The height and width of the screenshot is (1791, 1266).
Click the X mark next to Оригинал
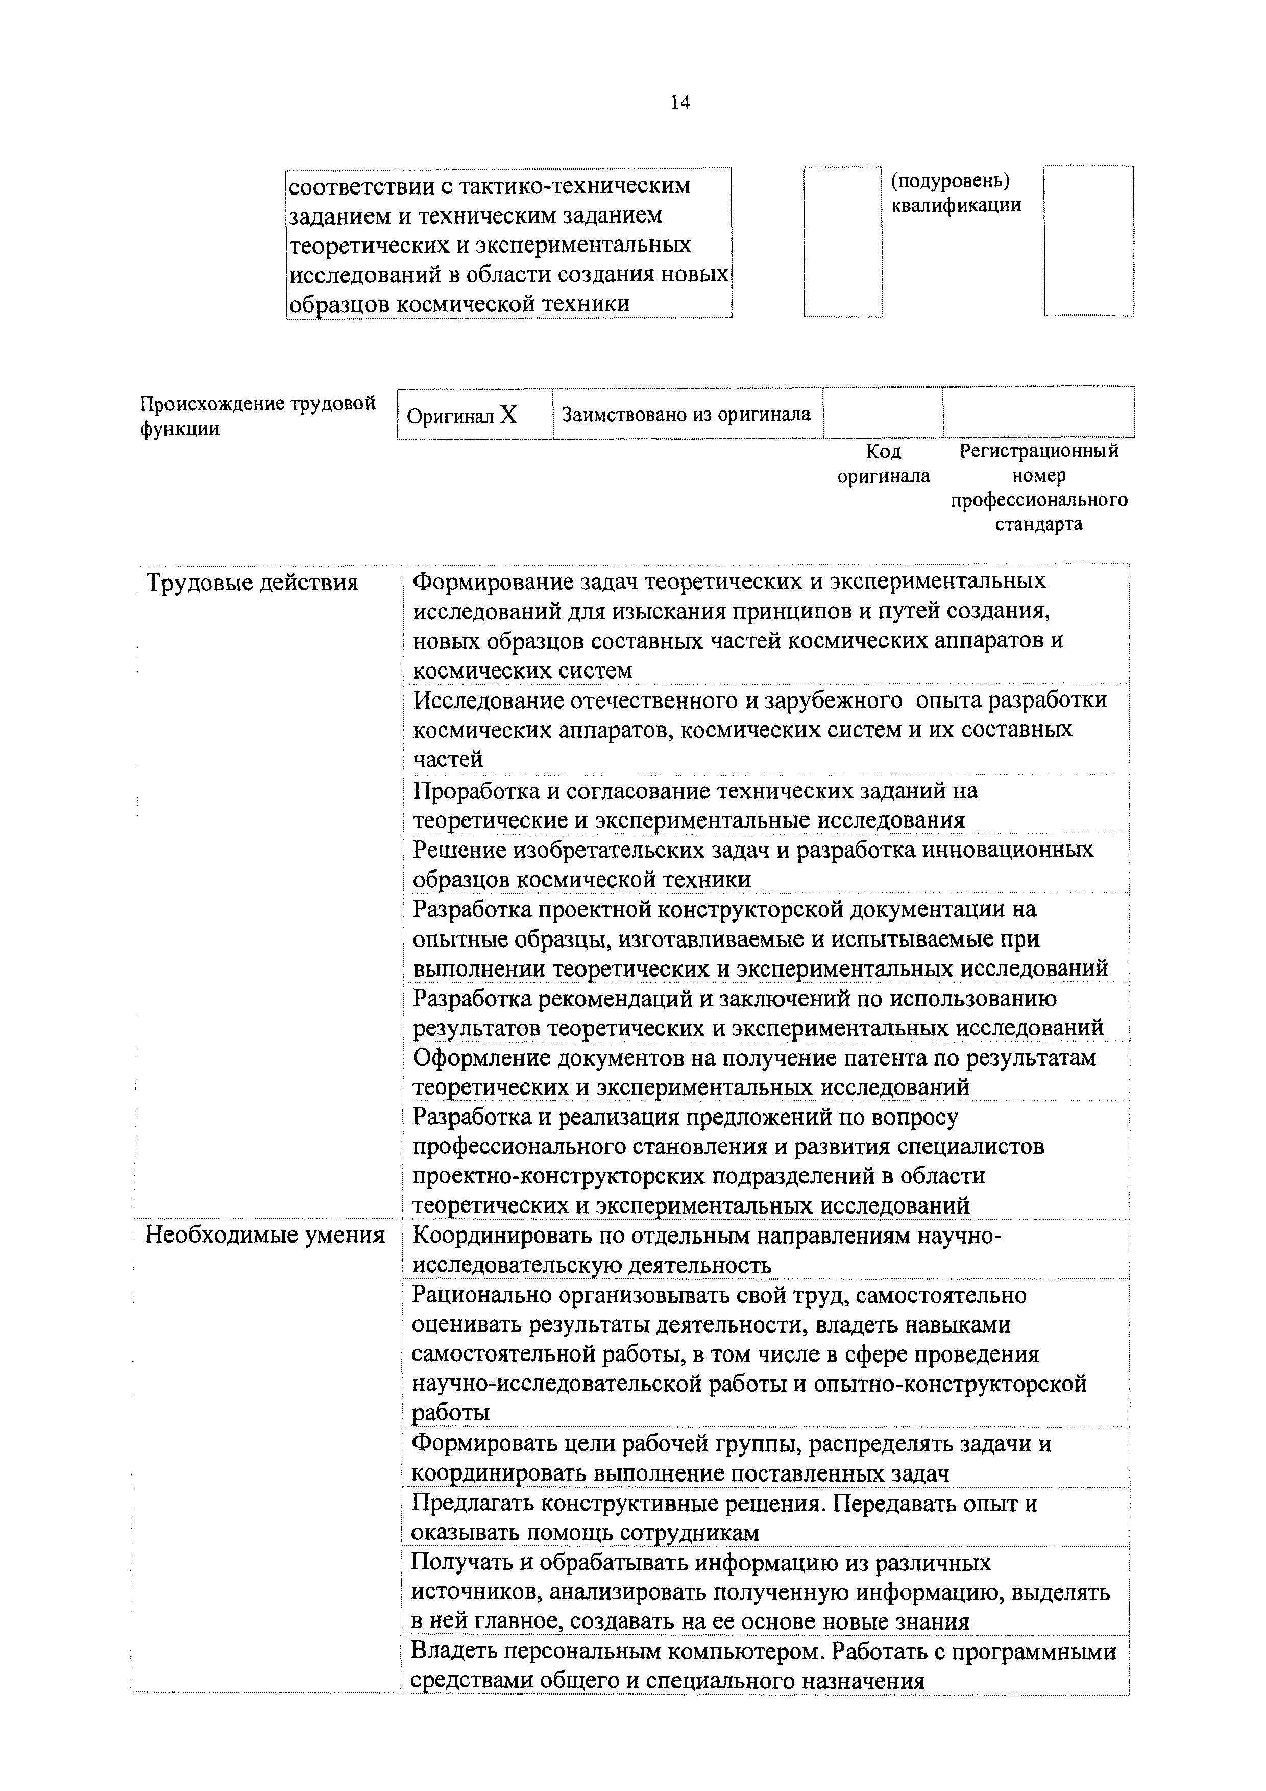[508, 414]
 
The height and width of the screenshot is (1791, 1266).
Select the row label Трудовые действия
[252, 583]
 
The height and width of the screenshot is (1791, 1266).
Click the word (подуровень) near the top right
[950, 181]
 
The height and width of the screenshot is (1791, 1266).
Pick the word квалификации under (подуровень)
[956, 206]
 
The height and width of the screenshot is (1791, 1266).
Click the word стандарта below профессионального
[1038, 524]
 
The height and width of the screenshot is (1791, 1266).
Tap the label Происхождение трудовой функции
[257, 416]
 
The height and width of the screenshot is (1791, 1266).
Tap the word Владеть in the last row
[452, 1652]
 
